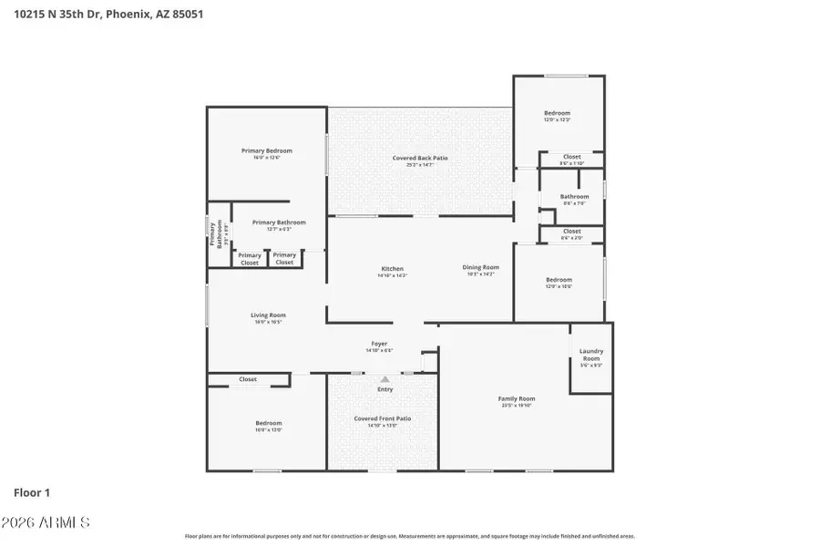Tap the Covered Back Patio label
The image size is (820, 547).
[x=420, y=159]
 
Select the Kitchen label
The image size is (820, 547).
[x=392, y=269]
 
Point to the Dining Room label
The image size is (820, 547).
[x=480, y=267]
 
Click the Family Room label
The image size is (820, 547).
[x=516, y=398]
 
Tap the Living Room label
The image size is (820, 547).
[x=269, y=315]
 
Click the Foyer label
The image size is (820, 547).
[x=378, y=345]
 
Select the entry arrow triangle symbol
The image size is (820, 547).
[x=384, y=378]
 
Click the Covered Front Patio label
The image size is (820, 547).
[x=383, y=418]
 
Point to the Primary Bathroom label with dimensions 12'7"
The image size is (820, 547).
[x=279, y=222]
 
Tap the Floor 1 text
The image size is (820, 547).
[x=32, y=492]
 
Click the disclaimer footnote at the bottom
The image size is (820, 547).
[x=410, y=536]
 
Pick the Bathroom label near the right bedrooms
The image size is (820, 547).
[x=574, y=196]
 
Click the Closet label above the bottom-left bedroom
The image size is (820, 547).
[x=248, y=379]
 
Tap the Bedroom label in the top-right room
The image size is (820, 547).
[x=558, y=113]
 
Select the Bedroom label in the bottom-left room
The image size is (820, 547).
[x=268, y=423]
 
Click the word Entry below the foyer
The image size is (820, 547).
[x=385, y=389]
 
